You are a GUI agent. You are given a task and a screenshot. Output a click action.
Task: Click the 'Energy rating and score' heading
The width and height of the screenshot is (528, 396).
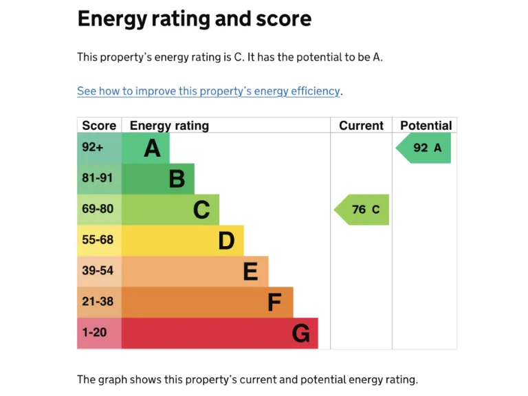pyautogui.click(x=194, y=19)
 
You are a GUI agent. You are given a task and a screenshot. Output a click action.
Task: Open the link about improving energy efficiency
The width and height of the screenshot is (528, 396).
pyautogui.click(x=209, y=91)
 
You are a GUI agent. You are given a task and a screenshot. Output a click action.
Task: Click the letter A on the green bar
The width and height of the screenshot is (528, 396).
pyautogui.click(x=152, y=148)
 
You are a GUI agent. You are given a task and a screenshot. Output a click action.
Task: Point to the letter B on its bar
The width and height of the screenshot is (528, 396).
pyautogui.click(x=177, y=179)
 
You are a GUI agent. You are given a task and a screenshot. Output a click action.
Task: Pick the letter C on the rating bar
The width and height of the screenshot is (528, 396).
pyautogui.click(x=201, y=210)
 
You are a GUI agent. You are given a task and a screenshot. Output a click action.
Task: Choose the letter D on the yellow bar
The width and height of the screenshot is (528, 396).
pyautogui.click(x=226, y=241)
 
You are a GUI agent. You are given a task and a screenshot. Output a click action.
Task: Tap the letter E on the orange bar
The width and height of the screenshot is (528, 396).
pyautogui.click(x=250, y=272)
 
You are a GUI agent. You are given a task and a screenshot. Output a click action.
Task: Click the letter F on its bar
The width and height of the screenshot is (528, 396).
pyautogui.click(x=274, y=302)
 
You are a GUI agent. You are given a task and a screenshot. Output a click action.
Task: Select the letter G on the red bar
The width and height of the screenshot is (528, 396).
pyautogui.click(x=300, y=333)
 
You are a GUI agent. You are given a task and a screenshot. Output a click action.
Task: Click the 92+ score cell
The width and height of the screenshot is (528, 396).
pyautogui.click(x=92, y=147)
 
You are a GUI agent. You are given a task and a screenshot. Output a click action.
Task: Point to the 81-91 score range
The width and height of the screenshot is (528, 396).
pyautogui.click(x=98, y=178)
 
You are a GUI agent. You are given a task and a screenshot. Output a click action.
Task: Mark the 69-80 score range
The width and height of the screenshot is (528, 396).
pyautogui.click(x=98, y=209)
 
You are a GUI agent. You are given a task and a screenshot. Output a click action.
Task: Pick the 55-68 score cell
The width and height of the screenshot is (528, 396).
pyautogui.click(x=98, y=240)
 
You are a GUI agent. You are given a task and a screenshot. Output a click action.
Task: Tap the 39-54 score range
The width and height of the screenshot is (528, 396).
pyautogui.click(x=98, y=271)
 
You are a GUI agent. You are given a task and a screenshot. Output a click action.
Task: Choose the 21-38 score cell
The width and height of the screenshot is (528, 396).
pyautogui.click(x=98, y=301)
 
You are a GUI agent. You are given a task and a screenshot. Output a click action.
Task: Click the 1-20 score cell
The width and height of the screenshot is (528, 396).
pyautogui.click(x=95, y=333)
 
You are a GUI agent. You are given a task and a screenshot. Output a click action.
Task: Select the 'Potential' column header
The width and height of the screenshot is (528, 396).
pyautogui.click(x=426, y=125)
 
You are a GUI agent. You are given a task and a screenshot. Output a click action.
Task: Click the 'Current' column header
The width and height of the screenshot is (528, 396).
pyautogui.click(x=361, y=125)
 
